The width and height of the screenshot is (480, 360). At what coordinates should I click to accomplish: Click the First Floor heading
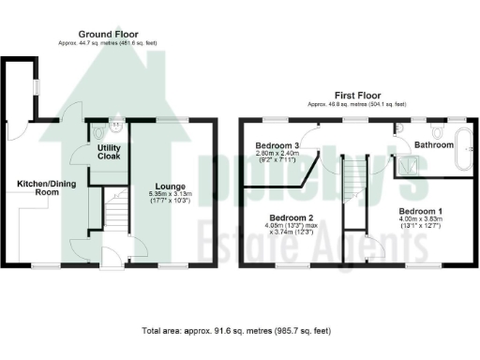coord(356,96)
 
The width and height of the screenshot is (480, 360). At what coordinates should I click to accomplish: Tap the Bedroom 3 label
coord(277,146)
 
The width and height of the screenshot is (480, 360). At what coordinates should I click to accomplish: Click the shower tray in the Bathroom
coord(410,166)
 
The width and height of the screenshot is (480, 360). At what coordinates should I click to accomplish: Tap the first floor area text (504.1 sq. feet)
coord(356,105)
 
